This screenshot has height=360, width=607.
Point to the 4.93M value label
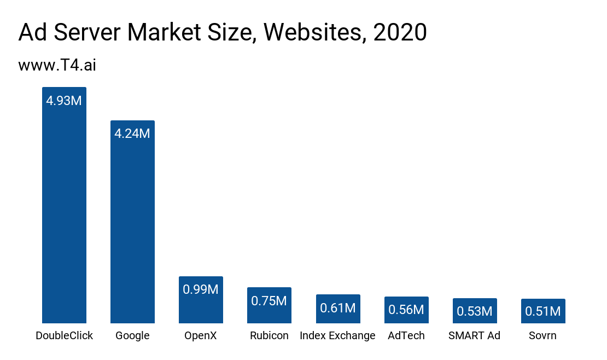pyautogui.click(x=64, y=101)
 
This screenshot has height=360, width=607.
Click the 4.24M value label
pyautogui.click(x=132, y=133)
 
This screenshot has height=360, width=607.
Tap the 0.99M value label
pyautogui.click(x=201, y=289)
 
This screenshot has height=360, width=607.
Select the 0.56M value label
pyautogui.click(x=406, y=310)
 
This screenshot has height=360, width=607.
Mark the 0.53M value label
pyautogui.click(x=475, y=311)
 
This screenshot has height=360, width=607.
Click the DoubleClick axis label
pyautogui.click(x=64, y=335)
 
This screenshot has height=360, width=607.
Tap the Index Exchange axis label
pyautogui.click(x=337, y=335)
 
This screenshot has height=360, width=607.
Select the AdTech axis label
pyautogui.click(x=406, y=335)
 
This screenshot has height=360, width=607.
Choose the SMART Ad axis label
pyautogui.click(x=474, y=335)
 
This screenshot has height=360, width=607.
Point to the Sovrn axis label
pyautogui.click(x=542, y=335)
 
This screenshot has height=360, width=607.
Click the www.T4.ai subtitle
pyautogui.click(x=57, y=65)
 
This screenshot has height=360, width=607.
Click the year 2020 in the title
pyautogui.click(x=400, y=33)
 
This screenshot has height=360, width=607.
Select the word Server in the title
pyautogui.click(x=88, y=33)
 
